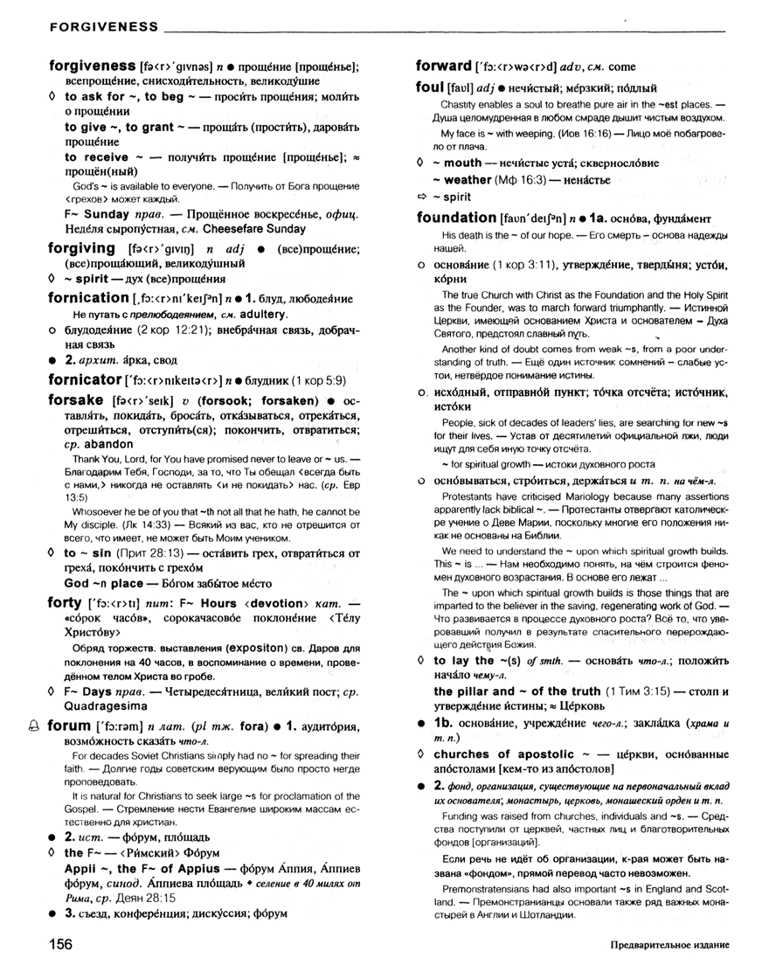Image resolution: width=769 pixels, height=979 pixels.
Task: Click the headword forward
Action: (x=443, y=66)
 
